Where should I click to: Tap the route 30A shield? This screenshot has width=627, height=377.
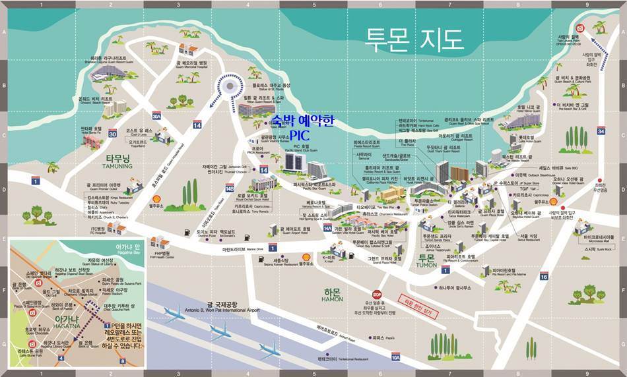[156, 116]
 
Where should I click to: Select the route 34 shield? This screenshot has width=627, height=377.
[601, 131]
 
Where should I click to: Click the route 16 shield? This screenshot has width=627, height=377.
[544, 277]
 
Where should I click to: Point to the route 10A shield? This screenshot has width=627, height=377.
[395, 357]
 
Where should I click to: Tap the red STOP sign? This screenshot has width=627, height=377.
[377, 295]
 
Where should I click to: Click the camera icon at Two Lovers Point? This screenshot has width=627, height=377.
[579, 28]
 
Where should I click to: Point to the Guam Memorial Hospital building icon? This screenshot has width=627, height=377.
[188, 49]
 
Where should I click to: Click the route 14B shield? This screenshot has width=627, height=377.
[230, 188]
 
